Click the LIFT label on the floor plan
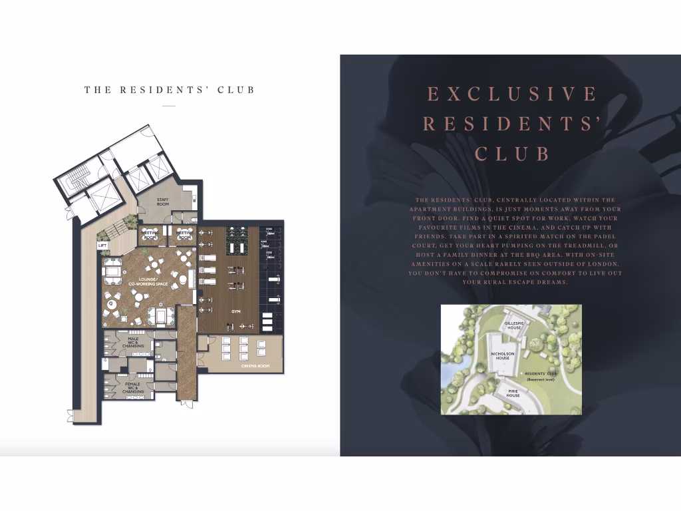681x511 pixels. tap(102, 246)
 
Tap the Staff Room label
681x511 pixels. tap(163, 202)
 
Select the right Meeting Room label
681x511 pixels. tap(184, 235)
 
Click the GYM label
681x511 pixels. tap(235, 311)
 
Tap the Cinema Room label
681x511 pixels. tap(255, 365)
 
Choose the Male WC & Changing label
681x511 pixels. tap(133, 343)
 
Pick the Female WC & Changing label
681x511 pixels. tap(133, 387)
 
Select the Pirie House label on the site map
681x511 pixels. tap(513, 393)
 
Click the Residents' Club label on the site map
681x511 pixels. tap(539, 374)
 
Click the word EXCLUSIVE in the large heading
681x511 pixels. tap(511, 94)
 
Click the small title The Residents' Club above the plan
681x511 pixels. tap(170, 90)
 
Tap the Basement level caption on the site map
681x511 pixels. tap(539, 379)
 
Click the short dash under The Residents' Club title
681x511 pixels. tap(169, 106)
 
